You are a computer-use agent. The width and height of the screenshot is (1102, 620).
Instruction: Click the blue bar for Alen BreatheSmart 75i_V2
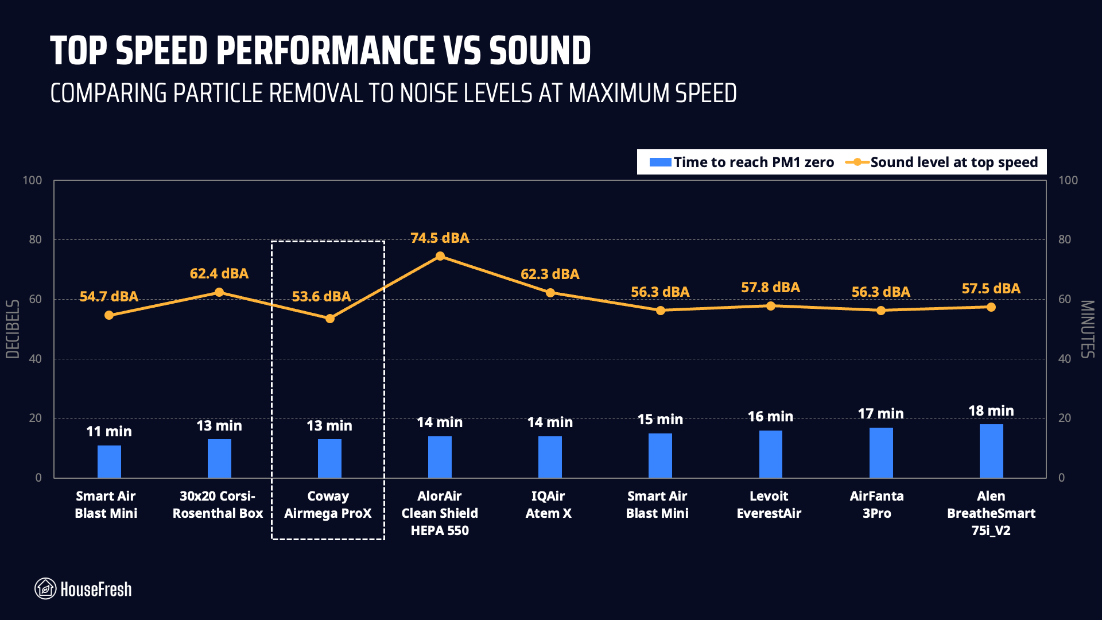pyautogui.click(x=991, y=451)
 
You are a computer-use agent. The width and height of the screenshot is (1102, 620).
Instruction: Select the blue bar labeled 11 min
pyautogui.click(x=109, y=462)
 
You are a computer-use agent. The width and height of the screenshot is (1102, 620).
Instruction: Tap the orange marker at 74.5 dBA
pyautogui.click(x=440, y=256)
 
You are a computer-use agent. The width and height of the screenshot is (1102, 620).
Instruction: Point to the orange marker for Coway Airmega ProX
pyautogui.click(x=330, y=319)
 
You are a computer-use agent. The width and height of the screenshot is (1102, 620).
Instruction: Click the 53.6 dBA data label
pyautogui.click(x=321, y=296)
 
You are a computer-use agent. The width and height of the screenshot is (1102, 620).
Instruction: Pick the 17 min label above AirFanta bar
pyautogui.click(x=880, y=413)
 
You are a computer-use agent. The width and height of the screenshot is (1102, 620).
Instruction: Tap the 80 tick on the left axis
pyautogui.click(x=36, y=239)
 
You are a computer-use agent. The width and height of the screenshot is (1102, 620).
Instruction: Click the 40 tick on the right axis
pyautogui.click(x=1065, y=359)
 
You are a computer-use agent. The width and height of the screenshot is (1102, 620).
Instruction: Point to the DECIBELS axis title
pyautogui.click(x=13, y=329)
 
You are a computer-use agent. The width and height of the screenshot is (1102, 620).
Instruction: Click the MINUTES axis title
pyautogui.click(x=1088, y=329)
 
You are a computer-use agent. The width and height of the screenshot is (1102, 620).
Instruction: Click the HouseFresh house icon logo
pyautogui.click(x=45, y=588)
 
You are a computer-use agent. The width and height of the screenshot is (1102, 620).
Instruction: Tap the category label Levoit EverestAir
pyautogui.click(x=769, y=504)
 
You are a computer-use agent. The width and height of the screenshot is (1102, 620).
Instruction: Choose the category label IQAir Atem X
pyautogui.click(x=548, y=504)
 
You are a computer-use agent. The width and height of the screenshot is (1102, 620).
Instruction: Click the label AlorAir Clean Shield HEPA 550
pyautogui.click(x=440, y=513)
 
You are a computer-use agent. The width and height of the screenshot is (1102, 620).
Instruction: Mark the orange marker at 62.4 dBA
pyautogui.click(x=219, y=292)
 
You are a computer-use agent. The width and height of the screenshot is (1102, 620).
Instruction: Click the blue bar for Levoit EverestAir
pyautogui.click(x=770, y=454)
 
